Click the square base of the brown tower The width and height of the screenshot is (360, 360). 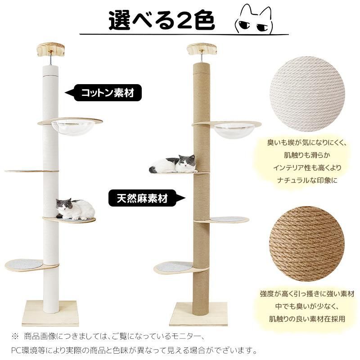coord(198,314)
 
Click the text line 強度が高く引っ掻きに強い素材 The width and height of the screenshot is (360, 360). coord(307,294)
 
